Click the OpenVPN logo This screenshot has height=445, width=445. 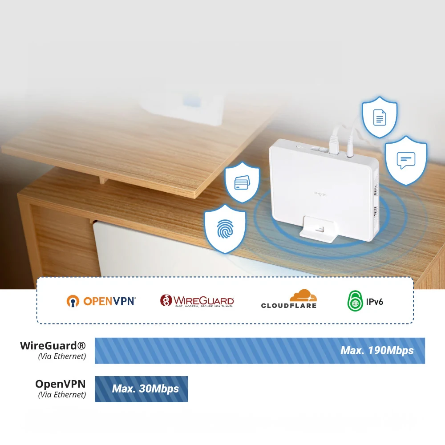[101, 301]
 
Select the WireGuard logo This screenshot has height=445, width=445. [197, 301]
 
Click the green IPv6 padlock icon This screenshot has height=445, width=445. [355, 301]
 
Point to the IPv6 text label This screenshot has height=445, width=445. [375, 302]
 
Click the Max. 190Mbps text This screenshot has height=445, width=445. [377, 351]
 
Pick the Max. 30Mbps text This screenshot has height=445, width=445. [146, 389]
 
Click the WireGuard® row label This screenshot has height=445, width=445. [53, 346]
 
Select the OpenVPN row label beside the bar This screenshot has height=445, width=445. [61, 384]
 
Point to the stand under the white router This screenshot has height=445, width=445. [318, 231]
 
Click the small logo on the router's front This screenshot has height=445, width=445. [320, 194]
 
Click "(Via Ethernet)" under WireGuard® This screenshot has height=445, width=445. [62, 356]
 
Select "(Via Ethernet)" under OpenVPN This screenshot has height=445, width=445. [62, 394]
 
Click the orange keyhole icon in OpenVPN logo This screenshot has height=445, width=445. [73, 301]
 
